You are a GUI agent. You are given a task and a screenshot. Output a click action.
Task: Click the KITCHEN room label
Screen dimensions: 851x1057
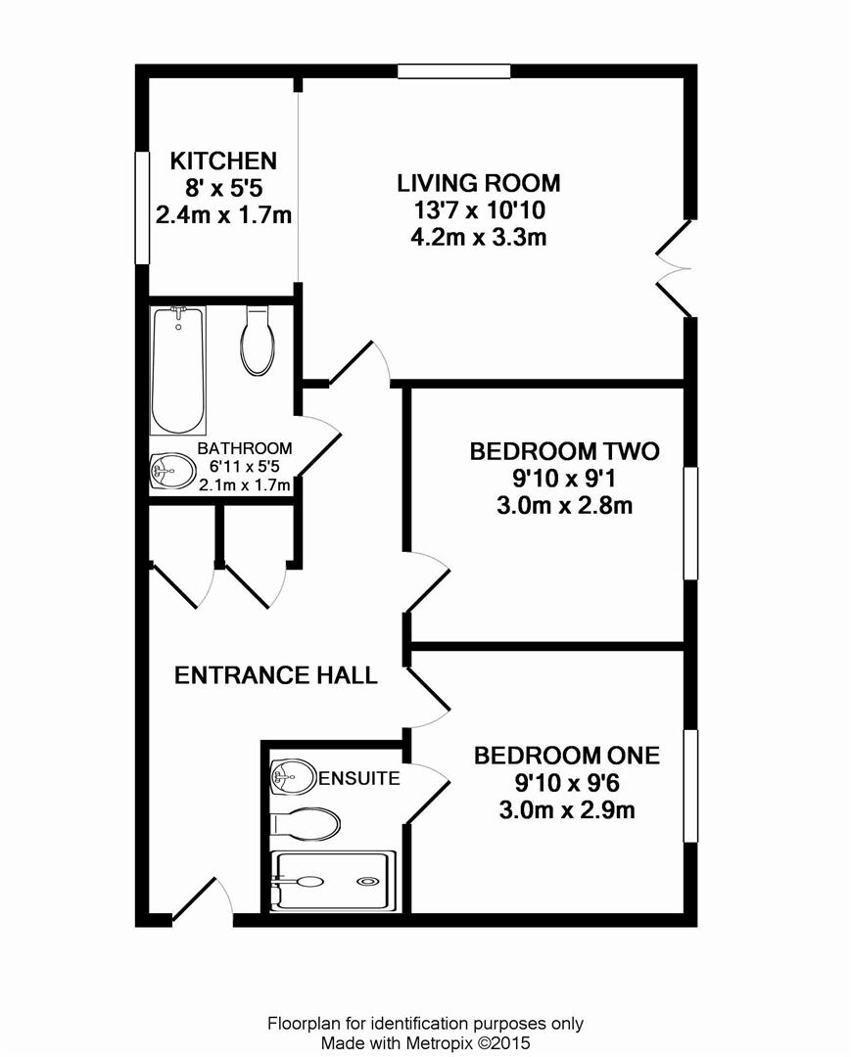(223, 161)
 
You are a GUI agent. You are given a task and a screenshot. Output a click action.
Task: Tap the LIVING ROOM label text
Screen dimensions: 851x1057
(479, 183)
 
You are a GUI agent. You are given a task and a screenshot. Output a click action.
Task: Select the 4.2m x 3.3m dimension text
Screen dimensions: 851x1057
(479, 237)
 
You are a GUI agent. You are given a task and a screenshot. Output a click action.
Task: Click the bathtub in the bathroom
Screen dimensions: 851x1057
(178, 371)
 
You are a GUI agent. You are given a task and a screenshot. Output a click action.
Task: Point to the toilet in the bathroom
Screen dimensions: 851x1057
(258, 341)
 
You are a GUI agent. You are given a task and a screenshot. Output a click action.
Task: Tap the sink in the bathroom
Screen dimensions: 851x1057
(172, 470)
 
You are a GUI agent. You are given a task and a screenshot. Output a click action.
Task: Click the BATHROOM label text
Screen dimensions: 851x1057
(245, 448)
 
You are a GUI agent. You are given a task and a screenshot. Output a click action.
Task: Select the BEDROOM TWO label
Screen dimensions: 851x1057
(564, 451)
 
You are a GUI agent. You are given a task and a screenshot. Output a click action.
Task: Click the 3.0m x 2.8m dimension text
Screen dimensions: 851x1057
(564, 505)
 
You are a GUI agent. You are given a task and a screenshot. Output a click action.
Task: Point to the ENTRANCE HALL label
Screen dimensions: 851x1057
(276, 674)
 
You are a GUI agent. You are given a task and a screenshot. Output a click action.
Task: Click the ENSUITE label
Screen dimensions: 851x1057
(358, 778)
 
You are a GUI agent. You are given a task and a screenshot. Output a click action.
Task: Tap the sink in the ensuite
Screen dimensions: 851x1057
(294, 777)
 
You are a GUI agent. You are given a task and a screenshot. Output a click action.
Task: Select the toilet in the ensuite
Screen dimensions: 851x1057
(305, 824)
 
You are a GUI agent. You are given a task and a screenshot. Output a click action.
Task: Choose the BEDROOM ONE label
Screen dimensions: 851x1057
(566, 756)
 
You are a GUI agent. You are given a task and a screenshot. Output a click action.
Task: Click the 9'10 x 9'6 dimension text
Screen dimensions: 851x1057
(566, 783)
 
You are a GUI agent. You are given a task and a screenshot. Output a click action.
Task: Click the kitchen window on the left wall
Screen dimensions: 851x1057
(142, 207)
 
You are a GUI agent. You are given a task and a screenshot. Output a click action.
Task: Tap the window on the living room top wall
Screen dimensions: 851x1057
(453, 70)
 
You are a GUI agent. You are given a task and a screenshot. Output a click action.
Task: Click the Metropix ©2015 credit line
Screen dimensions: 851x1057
(425, 1043)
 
